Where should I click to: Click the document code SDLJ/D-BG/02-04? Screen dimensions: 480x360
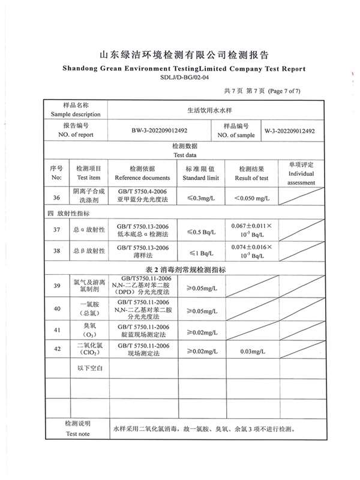tap(184, 77)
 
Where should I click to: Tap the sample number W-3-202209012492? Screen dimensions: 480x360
tap(290, 130)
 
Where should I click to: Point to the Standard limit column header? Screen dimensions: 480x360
tap(200, 178)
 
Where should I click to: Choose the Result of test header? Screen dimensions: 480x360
tap(251, 178)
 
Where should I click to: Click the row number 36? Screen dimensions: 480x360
tap(56, 197)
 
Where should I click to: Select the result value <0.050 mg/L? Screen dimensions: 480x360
tap(251, 197)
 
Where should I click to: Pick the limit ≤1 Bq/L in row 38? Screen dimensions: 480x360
tap(201, 253)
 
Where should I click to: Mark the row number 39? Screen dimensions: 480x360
tap(56, 286)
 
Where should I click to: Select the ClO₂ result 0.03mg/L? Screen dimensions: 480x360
tap(251, 350)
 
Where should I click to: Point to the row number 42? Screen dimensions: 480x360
tap(56, 349)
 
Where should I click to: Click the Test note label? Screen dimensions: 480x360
tap(77, 433)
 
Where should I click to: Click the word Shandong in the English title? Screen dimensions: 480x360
tap(82, 68)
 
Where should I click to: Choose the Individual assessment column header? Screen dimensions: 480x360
tap(301, 178)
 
